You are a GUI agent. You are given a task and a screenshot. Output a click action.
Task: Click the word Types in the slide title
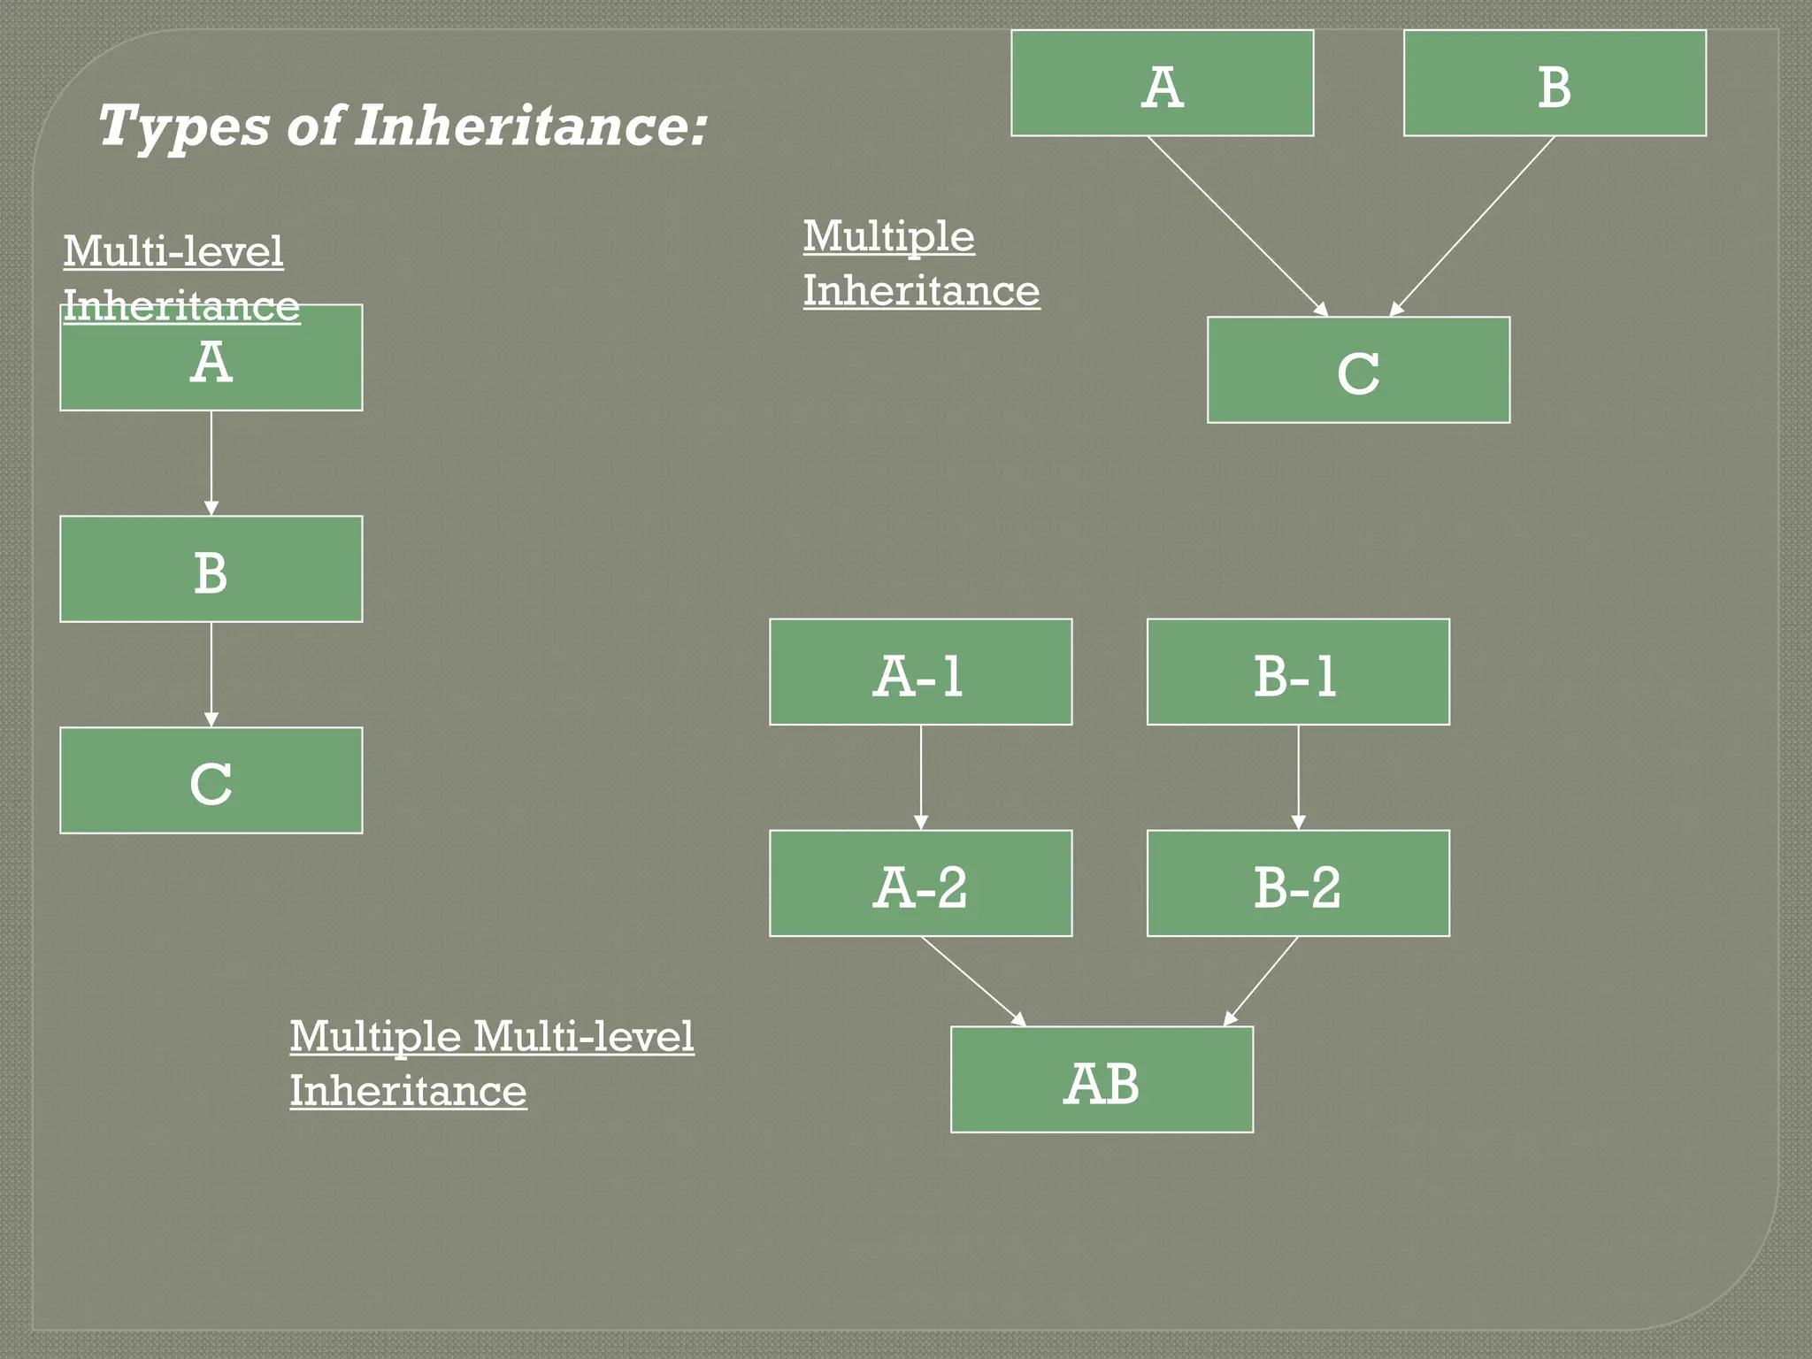click(x=182, y=126)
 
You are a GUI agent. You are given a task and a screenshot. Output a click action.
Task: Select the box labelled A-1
click(x=920, y=672)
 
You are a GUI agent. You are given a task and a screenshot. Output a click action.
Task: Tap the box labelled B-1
click(x=1298, y=672)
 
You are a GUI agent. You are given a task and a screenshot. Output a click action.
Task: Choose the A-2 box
click(x=920, y=884)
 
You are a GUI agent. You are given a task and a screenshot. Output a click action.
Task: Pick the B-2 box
click(x=1298, y=884)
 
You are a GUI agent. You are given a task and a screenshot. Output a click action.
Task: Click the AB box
click(x=1102, y=1080)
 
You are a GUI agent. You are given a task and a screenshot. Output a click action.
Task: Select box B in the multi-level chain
click(x=211, y=569)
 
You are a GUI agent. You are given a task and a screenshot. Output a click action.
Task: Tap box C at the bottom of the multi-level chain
click(x=211, y=780)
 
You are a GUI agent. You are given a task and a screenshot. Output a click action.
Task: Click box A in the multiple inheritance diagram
click(x=1162, y=83)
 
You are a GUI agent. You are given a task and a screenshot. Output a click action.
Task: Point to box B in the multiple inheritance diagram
click(x=1555, y=83)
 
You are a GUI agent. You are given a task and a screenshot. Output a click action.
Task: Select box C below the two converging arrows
click(x=1358, y=370)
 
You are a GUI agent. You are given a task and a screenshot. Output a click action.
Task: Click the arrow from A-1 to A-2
click(x=921, y=777)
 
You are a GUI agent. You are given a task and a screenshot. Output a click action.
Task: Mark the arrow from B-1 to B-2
click(x=1299, y=777)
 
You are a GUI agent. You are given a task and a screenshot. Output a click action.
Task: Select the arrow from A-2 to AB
click(x=973, y=981)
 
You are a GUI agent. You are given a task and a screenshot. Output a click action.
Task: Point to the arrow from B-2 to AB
click(x=1262, y=981)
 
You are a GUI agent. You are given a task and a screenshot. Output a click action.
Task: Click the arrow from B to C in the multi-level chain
click(x=211, y=674)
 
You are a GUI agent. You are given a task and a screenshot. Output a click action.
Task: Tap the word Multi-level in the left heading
click(x=173, y=252)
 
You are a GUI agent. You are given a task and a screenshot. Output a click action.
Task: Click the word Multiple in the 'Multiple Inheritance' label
click(x=888, y=237)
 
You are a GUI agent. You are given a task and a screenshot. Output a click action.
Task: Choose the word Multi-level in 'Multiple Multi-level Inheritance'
click(x=583, y=1037)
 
